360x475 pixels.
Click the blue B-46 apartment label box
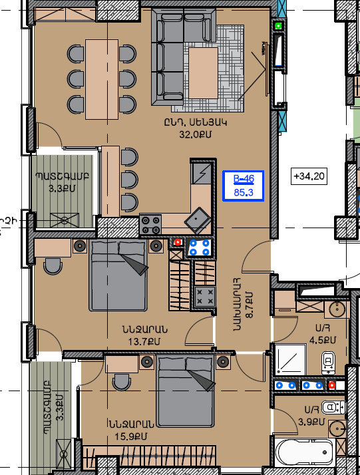[x=244, y=186]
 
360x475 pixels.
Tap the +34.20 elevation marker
[x=309, y=176]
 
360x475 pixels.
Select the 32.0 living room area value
[x=196, y=134]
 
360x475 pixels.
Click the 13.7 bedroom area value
[x=144, y=342]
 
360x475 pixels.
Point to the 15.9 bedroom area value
[x=130, y=436]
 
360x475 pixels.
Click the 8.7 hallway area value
[x=249, y=305]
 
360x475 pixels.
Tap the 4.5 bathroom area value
[x=323, y=340]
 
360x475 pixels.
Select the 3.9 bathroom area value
[x=311, y=422]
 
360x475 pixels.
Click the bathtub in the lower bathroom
[x=305, y=452]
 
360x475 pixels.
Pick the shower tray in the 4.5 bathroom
[x=290, y=359]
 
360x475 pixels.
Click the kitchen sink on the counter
[x=198, y=220]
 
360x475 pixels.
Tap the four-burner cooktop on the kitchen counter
[x=150, y=225]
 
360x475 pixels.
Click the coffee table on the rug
[x=204, y=73]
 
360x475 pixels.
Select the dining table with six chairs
[x=102, y=79]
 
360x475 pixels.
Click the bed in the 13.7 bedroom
[x=118, y=275]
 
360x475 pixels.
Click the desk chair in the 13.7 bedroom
[x=53, y=266]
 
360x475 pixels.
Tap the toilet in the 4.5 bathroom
[x=328, y=363]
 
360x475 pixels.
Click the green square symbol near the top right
[x=279, y=26]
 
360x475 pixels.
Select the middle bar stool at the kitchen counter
[x=129, y=180]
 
